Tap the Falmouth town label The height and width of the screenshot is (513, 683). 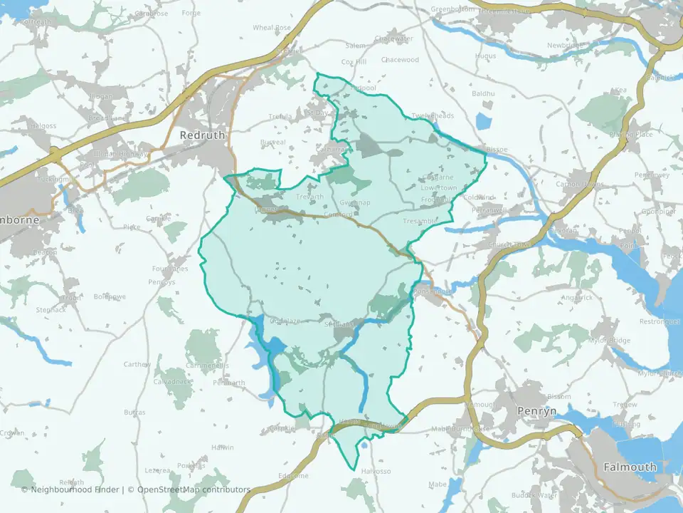click(630, 467)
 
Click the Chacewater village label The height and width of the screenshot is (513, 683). click(393, 38)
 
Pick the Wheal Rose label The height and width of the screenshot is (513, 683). click(272, 28)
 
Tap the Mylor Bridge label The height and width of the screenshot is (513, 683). click(609, 341)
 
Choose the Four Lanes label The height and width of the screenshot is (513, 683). click(169, 269)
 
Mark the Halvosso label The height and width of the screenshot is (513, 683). click(376, 471)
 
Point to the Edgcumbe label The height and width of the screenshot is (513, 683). click(293, 475)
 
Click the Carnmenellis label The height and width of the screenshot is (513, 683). click(207, 366)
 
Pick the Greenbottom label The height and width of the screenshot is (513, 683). click(452, 9)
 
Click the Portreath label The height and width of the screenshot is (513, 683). click(37, 21)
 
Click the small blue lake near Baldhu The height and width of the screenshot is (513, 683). click(484, 121)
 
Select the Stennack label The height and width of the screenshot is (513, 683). click(52, 310)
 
